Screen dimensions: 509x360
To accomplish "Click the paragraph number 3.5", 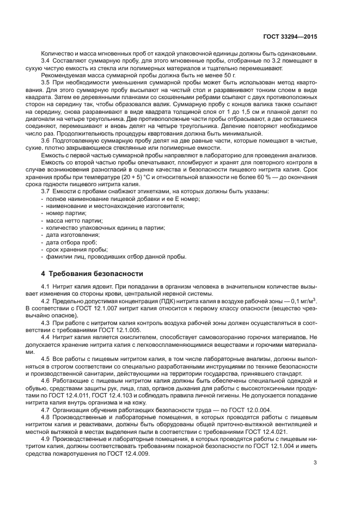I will (x=46, y=81).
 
